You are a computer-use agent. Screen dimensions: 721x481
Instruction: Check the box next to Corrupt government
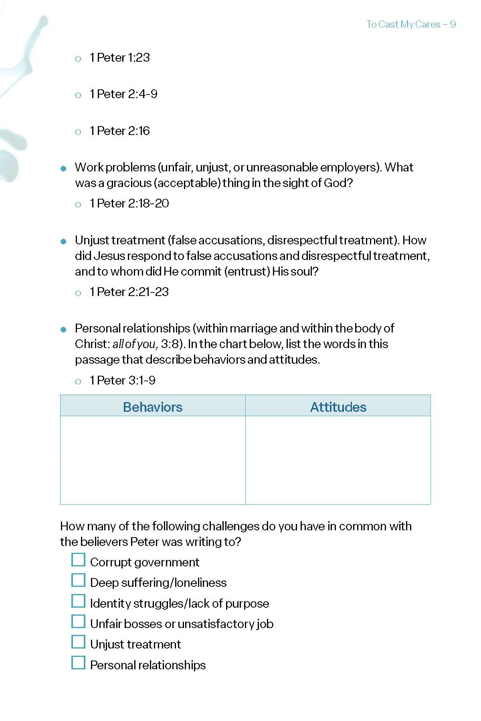pyautogui.click(x=78, y=560)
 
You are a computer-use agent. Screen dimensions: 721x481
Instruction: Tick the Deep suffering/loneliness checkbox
pyautogui.click(x=78, y=580)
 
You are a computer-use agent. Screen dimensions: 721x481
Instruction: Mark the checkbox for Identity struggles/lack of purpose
pyautogui.click(x=78, y=601)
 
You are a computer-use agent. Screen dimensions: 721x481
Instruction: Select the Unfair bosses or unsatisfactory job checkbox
pyautogui.click(x=78, y=622)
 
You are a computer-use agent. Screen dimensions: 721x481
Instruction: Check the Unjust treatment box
pyautogui.click(x=78, y=642)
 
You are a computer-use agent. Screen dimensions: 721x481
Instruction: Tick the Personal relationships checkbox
pyautogui.click(x=78, y=663)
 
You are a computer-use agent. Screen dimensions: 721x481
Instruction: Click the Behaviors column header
pyautogui.click(x=153, y=407)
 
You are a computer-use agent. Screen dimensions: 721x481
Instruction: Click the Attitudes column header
pyautogui.click(x=338, y=407)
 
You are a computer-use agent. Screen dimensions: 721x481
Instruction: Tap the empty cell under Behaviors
pyautogui.click(x=153, y=460)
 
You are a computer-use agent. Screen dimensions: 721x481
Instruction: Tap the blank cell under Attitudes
pyautogui.click(x=338, y=460)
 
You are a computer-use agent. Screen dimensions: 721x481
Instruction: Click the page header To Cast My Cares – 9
pyautogui.click(x=411, y=24)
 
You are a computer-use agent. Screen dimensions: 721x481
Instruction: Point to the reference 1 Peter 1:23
pyautogui.click(x=119, y=58)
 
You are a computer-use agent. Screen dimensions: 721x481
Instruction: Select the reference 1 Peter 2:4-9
pyautogui.click(x=123, y=94)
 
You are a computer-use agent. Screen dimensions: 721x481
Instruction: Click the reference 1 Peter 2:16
pyautogui.click(x=119, y=131)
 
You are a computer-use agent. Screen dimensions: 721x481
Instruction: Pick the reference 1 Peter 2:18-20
pyautogui.click(x=129, y=203)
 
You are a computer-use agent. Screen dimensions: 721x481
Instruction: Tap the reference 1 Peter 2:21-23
pyautogui.click(x=129, y=292)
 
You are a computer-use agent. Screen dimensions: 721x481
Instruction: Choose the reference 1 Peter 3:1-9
pyautogui.click(x=122, y=381)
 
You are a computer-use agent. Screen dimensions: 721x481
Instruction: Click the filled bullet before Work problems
pyautogui.click(x=63, y=169)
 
